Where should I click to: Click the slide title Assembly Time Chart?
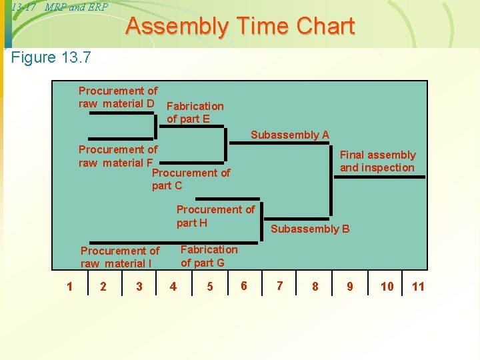(240, 27)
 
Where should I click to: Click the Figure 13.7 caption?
(51, 57)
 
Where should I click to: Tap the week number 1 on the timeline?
(69, 287)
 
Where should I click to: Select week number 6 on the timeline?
(244, 286)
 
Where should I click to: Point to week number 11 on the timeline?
(418, 287)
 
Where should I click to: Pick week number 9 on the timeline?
(350, 287)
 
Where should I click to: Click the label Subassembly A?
(289, 135)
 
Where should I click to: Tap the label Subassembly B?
(309, 229)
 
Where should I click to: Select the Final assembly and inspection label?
(377, 161)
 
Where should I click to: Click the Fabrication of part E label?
(195, 113)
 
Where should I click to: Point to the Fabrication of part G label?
(209, 256)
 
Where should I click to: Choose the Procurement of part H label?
(215, 216)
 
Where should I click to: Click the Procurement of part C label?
(191, 179)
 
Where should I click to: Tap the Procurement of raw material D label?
(118, 97)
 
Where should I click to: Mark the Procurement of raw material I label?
(120, 257)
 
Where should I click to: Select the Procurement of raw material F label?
(118, 156)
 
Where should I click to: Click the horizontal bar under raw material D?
(122, 113)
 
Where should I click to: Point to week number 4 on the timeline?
(173, 287)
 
